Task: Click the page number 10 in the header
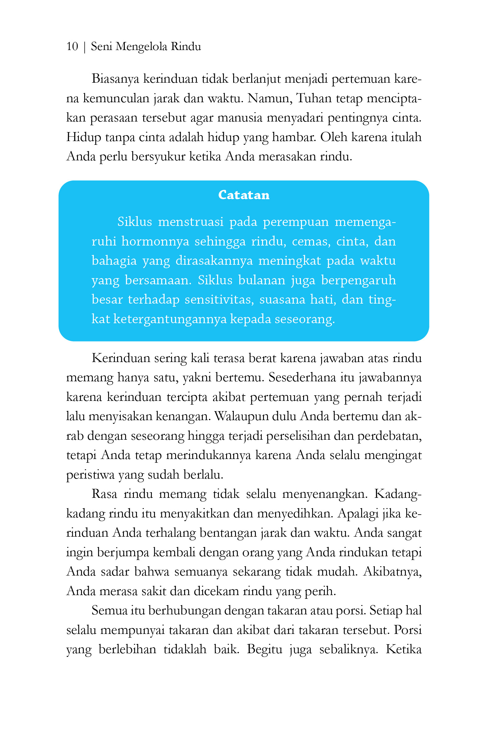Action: coord(72,46)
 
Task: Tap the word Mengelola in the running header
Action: coord(141,47)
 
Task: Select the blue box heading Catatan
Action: coord(244,195)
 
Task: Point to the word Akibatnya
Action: coord(393,572)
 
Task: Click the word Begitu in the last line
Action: coord(265,649)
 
